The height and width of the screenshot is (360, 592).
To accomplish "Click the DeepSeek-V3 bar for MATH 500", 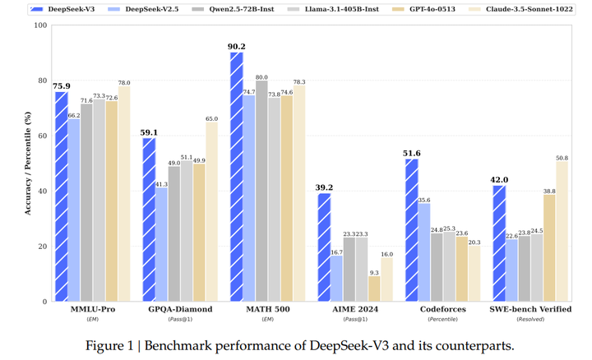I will pyautogui.click(x=237, y=177).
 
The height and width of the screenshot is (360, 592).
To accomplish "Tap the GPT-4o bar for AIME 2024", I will pyautogui.click(x=374, y=288).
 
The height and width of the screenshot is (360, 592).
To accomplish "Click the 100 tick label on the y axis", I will pyautogui.click(x=39, y=25).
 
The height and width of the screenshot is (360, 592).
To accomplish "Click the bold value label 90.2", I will pyautogui.click(x=237, y=47).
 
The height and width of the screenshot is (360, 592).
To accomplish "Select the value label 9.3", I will pyautogui.click(x=374, y=272).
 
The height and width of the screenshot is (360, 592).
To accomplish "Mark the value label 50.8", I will pyautogui.click(x=562, y=158).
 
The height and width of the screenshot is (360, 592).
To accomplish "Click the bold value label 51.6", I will pyautogui.click(x=411, y=154).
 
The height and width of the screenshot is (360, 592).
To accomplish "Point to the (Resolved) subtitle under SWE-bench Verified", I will pyautogui.click(x=530, y=320).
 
